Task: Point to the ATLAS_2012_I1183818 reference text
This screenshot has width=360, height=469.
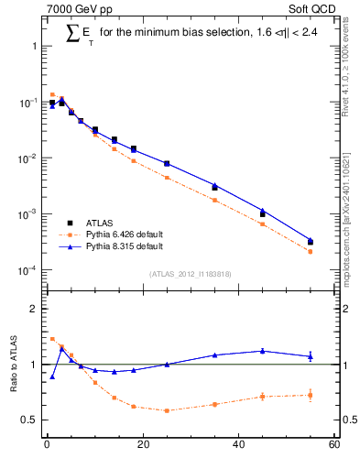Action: click(x=191, y=274)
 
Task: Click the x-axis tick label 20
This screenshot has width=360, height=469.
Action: click(x=142, y=445)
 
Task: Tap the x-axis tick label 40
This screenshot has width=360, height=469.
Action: click(x=238, y=445)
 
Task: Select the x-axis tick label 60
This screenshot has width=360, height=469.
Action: click(x=333, y=445)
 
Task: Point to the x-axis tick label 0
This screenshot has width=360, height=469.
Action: click(x=47, y=445)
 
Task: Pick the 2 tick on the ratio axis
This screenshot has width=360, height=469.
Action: click(x=33, y=309)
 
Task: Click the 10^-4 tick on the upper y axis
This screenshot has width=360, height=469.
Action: click(x=28, y=270)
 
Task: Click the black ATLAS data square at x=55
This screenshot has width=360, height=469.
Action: click(x=311, y=242)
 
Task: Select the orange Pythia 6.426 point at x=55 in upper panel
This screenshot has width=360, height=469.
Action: click(x=311, y=251)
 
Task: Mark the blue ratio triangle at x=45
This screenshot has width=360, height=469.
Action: click(x=263, y=351)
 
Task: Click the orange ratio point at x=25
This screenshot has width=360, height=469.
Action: click(x=167, y=410)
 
